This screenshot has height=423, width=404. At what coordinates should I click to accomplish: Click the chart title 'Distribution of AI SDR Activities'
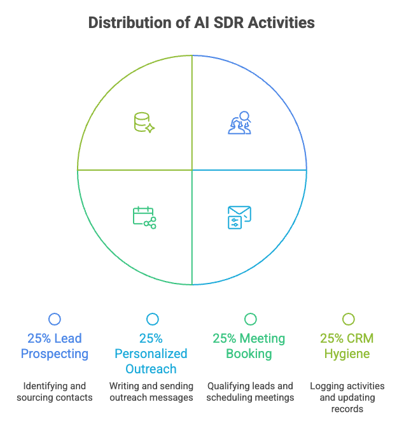[201, 23]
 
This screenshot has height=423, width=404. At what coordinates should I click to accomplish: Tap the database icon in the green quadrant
[144, 122]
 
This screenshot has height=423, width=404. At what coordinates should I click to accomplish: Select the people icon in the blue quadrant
[240, 122]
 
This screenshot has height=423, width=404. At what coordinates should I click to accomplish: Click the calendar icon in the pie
[144, 217]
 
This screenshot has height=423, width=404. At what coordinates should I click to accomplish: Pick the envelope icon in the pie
[239, 217]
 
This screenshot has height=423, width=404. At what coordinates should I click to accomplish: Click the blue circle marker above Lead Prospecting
[55, 319]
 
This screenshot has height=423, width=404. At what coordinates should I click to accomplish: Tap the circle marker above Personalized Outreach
[152, 319]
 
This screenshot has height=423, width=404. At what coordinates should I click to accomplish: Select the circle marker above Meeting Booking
[250, 319]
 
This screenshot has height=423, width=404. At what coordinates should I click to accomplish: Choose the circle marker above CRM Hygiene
[348, 319]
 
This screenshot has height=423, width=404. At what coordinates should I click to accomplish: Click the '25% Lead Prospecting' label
[55, 346]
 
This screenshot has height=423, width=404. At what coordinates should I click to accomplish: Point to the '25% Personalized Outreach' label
[151, 354]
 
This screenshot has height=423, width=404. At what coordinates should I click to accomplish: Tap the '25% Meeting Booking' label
[249, 346]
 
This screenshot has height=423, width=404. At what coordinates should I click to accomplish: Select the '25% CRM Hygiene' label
[347, 346]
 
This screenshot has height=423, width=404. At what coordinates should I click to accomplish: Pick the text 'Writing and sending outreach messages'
[151, 392]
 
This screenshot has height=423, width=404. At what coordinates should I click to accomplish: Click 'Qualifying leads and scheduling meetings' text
[250, 392]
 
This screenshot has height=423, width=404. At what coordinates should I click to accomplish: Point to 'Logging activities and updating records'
[347, 398]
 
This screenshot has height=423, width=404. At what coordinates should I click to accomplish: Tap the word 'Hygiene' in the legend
[347, 354]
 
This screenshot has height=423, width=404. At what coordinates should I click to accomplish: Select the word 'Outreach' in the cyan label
[151, 369]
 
